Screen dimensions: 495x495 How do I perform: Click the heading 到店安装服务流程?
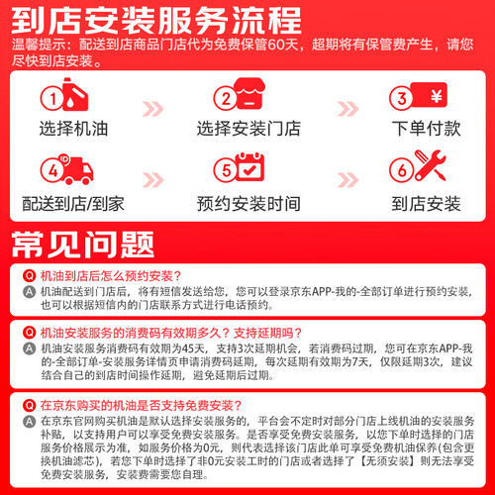(156, 21)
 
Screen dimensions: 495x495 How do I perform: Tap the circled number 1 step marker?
(52, 98)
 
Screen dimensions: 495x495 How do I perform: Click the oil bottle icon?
(75, 94)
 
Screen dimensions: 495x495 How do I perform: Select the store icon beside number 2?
(249, 93)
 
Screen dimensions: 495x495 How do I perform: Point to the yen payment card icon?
(429, 95)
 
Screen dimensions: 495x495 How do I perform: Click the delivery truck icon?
(77, 169)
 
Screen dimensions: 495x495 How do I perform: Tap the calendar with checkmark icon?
(250, 166)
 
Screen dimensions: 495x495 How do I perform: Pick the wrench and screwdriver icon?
(430, 165)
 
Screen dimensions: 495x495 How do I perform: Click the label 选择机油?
(73, 129)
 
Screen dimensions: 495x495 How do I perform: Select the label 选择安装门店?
(248, 129)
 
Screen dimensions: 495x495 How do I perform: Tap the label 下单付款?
(426, 129)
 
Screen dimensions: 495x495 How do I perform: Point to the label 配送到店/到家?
(73, 204)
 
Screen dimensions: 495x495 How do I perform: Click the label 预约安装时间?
(248, 204)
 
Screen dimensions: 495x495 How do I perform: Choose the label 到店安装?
(426, 204)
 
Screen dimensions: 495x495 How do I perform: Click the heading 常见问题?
(83, 245)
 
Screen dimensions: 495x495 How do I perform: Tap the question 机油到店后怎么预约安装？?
(111, 276)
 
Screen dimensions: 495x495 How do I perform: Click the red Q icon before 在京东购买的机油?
(29, 405)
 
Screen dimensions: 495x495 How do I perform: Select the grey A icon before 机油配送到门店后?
(29, 292)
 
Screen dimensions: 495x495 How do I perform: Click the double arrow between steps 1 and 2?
(153, 109)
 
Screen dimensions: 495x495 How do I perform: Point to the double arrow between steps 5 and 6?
(348, 180)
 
